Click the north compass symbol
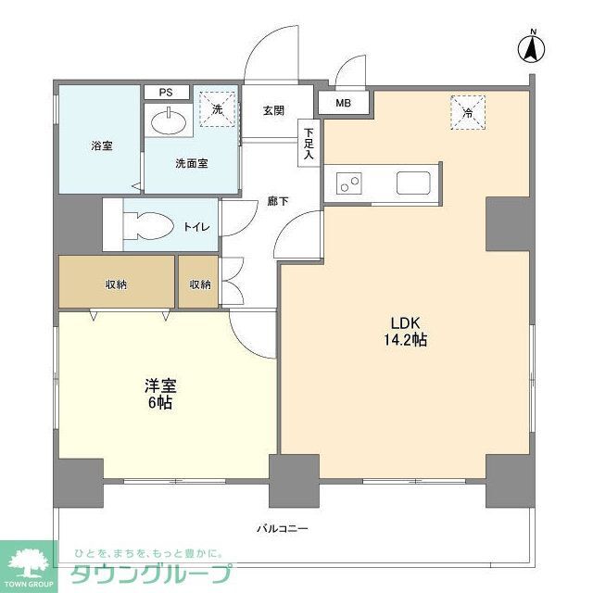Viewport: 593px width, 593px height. pos(531,47)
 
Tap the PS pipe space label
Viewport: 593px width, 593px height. pos(166,93)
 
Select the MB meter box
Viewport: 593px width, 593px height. pos(344,103)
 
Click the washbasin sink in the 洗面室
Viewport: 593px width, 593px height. pos(169,121)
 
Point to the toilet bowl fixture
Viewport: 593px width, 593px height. pos(148,226)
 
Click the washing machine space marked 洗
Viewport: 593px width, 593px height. pos(218,109)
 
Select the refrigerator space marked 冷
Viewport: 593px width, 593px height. pos(468,113)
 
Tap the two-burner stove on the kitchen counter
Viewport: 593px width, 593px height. pos(349,183)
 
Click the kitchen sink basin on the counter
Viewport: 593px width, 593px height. pos(413,183)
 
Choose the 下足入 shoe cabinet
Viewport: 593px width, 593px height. pos(309,143)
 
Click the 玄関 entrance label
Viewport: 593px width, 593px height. pos(274,111)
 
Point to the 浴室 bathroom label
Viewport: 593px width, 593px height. pos(102,145)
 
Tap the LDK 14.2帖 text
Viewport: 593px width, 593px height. pos(406,332)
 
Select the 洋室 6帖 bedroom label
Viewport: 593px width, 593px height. pos(160,394)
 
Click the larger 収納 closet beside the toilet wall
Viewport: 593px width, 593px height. pos(117,282)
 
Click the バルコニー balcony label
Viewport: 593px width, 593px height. pos(283,528)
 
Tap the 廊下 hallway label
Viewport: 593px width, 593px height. pos(278,202)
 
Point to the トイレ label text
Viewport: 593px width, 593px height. pos(196,227)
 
